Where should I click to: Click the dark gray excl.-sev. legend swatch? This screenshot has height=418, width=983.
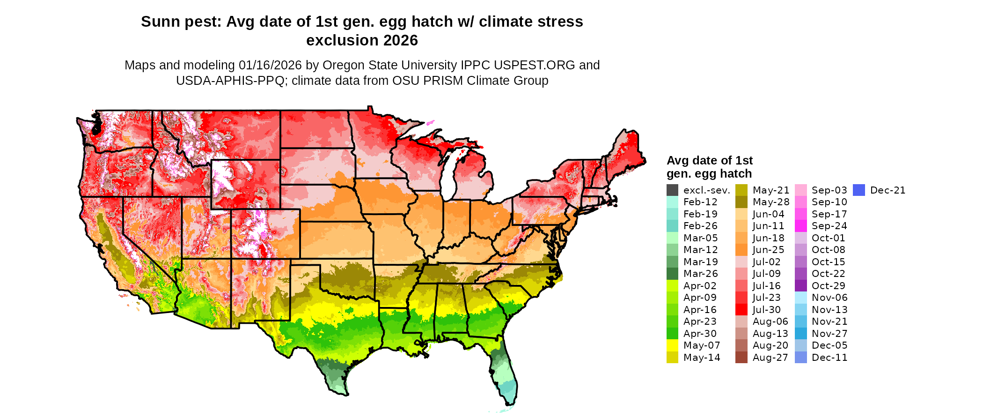click(672, 190)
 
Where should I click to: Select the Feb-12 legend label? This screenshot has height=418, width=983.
click(700, 202)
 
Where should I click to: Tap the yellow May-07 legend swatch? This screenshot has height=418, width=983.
click(672, 345)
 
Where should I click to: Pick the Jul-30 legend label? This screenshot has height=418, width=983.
click(766, 310)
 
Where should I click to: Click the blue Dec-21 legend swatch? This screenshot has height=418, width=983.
click(859, 190)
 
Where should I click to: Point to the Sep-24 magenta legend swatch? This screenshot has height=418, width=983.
click(801, 226)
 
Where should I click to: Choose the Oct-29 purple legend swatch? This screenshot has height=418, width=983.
click(801, 286)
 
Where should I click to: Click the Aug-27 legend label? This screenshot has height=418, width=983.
click(770, 358)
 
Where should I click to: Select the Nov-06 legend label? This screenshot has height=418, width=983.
click(829, 298)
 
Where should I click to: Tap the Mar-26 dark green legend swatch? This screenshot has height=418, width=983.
click(672, 274)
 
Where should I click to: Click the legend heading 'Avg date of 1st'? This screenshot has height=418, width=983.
click(709, 161)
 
